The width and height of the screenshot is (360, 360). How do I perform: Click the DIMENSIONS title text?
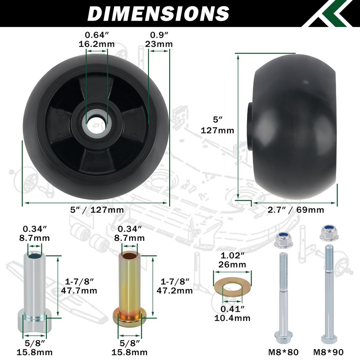tap(158, 13)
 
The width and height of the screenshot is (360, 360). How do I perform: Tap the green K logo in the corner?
tap(331, 13)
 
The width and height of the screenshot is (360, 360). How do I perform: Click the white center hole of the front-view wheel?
tap(97, 125)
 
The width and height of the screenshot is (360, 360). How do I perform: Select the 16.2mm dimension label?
tap(97, 44)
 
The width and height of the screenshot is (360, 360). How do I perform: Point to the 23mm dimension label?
tap(159, 44)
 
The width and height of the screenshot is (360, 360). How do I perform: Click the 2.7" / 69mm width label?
tap(296, 210)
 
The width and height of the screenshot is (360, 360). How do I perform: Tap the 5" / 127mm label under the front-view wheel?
tap(97, 210)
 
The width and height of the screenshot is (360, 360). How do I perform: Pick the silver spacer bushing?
tap(35, 294)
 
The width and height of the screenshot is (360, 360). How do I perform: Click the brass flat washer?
tap(232, 286)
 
